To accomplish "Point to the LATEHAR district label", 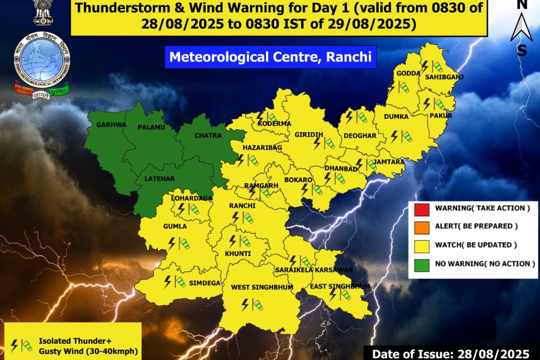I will tap(159, 179).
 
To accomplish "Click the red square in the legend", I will tap(422, 208).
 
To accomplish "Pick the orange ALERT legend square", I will tap(422, 227).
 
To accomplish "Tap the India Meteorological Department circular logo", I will tap(42, 59).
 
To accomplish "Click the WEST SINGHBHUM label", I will tap(262, 287).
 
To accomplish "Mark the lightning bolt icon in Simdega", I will tap(168, 282).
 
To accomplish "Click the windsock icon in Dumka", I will tap(406, 135).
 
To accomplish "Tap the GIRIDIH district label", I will tap(309, 135).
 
